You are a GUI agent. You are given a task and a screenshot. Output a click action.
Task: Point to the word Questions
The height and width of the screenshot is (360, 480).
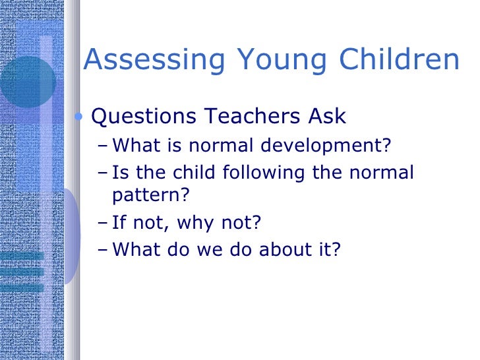(144, 117)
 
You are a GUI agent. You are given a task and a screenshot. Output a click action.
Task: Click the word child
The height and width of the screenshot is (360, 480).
(198, 173)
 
